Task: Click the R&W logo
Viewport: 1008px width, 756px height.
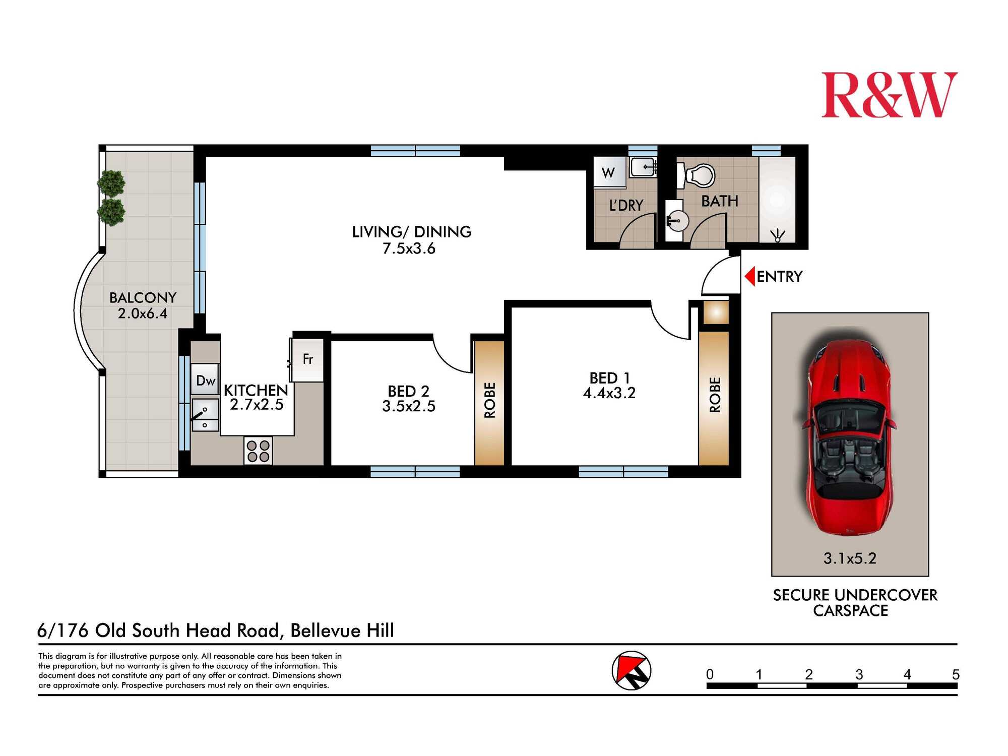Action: click(889, 95)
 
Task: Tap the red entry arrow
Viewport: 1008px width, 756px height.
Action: click(750, 277)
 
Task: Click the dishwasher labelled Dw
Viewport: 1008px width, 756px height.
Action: click(205, 381)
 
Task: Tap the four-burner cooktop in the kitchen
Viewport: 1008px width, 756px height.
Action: click(258, 451)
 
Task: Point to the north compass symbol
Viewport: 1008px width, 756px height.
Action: click(632, 671)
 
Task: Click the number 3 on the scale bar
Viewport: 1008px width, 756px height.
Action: click(859, 674)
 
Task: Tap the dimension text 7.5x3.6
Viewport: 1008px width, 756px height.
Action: click(409, 249)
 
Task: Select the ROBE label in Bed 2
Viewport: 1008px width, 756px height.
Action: click(490, 401)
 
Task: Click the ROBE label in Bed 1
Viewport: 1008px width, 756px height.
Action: click(715, 395)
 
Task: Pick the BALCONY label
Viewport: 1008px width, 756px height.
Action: click(143, 298)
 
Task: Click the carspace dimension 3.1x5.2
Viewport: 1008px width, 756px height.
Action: click(850, 558)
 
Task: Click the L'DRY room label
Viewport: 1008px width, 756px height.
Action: click(626, 206)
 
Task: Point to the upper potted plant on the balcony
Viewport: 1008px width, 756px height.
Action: click(111, 182)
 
